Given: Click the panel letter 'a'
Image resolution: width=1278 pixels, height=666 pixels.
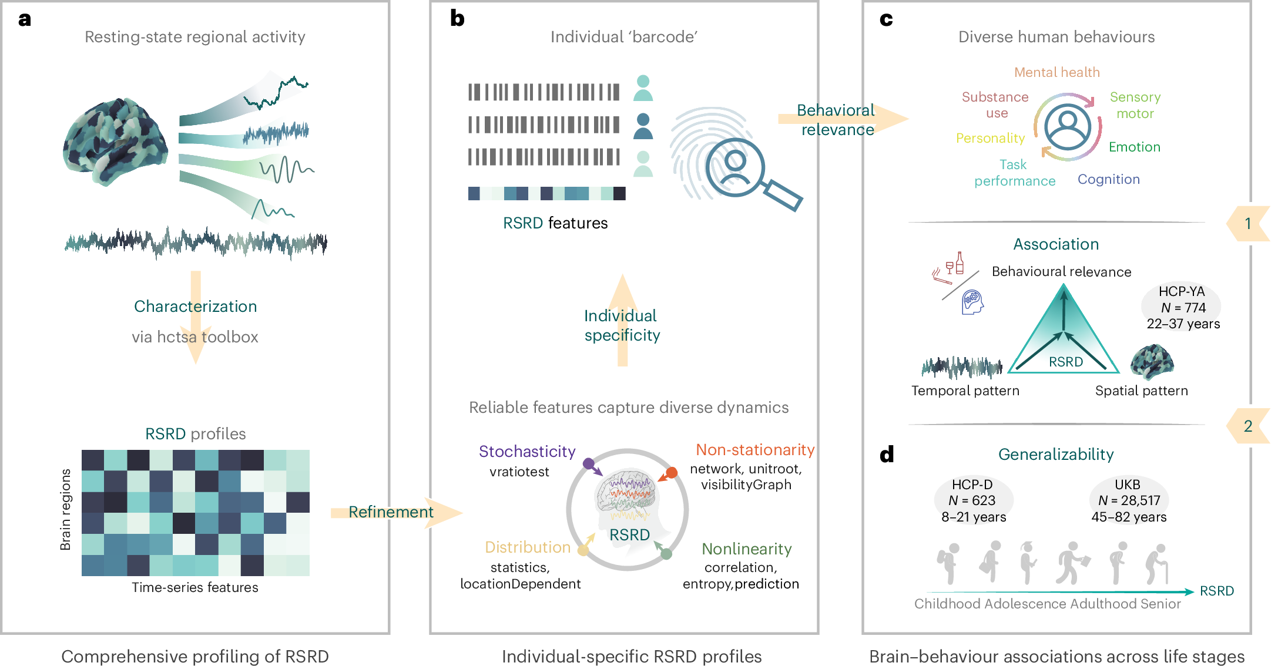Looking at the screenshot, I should point(24,19).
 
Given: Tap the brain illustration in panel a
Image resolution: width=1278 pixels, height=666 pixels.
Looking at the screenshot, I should point(115,142).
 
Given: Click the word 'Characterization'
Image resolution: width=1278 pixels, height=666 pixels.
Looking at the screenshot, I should point(195,306).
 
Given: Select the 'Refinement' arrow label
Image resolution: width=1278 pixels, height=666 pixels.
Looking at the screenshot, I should point(391,512).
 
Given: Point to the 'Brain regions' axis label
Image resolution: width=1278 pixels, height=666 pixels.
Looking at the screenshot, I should point(65,509).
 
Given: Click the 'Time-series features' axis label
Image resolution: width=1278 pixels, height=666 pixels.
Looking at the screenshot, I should point(194,587).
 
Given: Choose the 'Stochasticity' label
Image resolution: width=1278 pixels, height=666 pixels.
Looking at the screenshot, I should point(526,451).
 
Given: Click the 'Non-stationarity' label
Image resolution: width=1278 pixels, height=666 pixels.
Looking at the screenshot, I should point(754,450).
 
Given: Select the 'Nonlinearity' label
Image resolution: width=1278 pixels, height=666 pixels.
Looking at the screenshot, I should point(746,549).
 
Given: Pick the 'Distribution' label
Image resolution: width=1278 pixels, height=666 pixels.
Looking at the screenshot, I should point(527,547).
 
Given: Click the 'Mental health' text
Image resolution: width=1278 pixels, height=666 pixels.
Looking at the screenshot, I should point(1056,72).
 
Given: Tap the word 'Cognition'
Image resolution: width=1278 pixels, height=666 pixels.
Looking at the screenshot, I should point(1108,179).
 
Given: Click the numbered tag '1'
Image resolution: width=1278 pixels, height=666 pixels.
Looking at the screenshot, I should point(1248,223).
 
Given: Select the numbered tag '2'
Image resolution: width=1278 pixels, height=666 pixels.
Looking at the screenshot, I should point(1248,426).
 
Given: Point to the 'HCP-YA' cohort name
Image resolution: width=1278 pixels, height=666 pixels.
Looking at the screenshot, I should point(1181,291).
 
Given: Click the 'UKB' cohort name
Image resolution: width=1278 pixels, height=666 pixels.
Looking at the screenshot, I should point(1127,485).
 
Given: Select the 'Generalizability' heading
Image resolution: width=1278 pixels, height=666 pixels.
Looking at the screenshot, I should point(1055,454).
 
